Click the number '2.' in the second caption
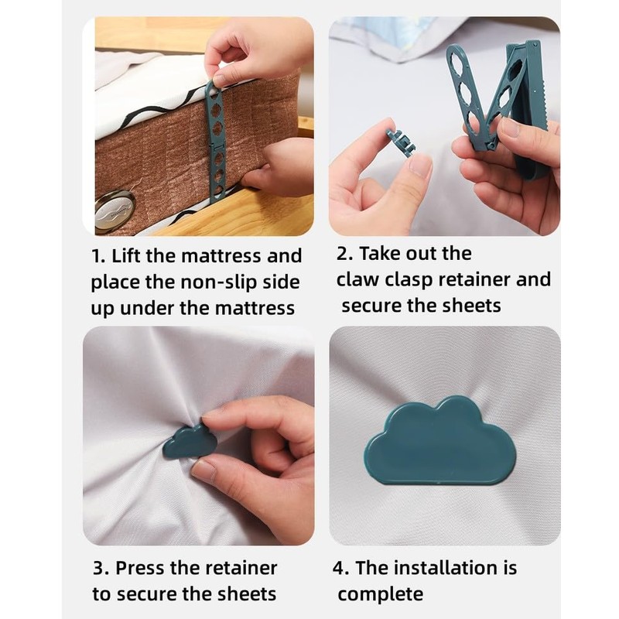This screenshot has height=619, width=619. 346,253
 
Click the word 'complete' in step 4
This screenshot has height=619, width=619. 380,593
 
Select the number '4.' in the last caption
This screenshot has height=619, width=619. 342,568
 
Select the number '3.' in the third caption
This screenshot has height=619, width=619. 101,568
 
